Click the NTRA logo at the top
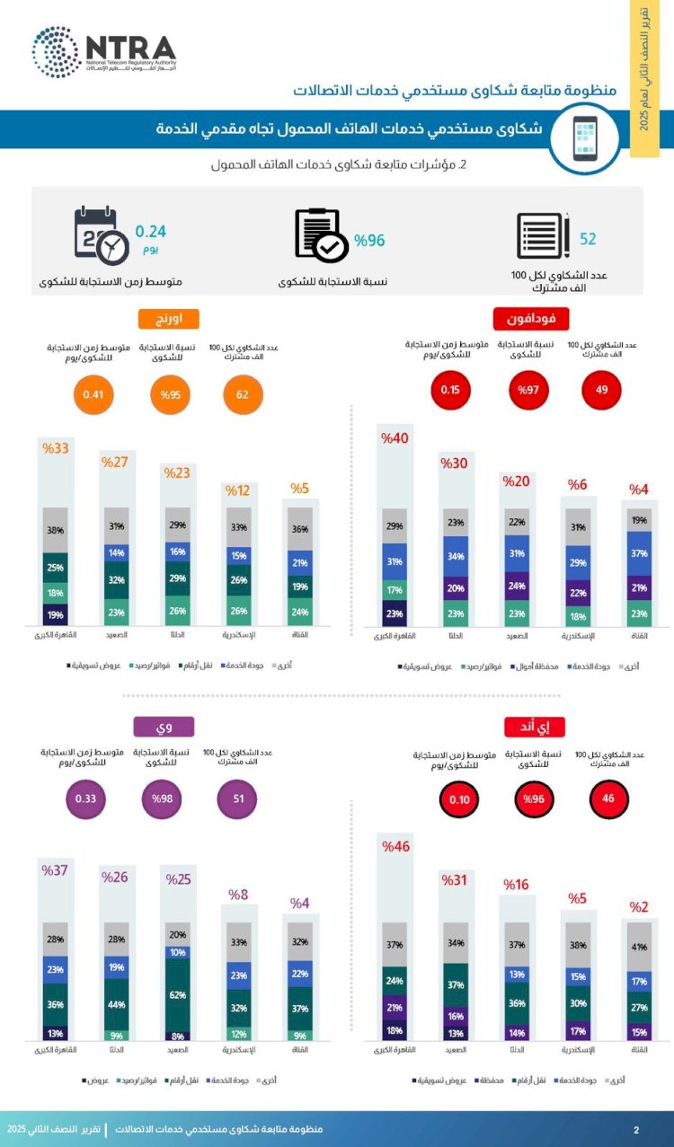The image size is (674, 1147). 103,52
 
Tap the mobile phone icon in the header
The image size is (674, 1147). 585,137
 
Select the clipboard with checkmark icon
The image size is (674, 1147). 320,235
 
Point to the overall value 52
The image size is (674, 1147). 588,239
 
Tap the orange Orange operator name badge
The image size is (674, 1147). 168,319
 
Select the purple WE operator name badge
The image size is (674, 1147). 164,727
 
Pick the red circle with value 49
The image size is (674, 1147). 602,391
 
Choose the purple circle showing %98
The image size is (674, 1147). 163,798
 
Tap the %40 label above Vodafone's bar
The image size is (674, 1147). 395,439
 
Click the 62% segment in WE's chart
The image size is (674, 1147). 179,995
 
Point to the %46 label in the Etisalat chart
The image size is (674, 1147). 395,846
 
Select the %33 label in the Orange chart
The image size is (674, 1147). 56,448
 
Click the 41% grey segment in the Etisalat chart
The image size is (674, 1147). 638,947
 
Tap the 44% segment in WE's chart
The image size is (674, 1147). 117,1004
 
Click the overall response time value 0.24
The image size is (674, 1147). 151,231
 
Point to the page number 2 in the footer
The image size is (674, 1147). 636,1129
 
